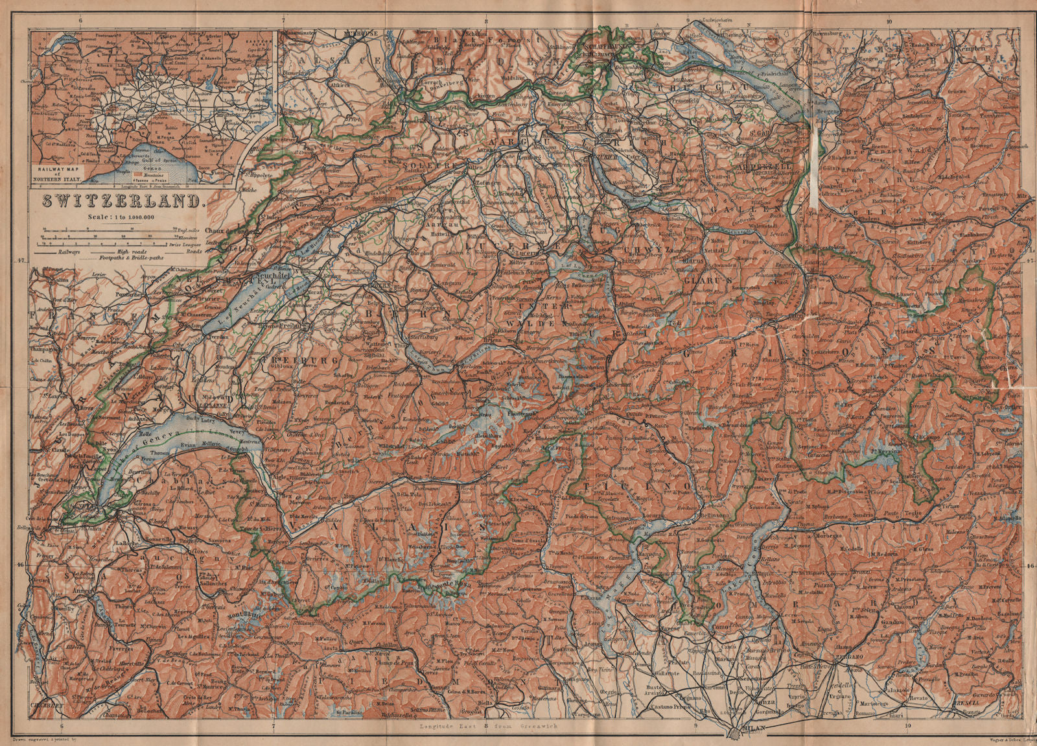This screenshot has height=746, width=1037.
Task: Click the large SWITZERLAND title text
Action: [123, 200]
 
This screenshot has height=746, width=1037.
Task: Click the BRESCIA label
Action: [997, 703]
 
